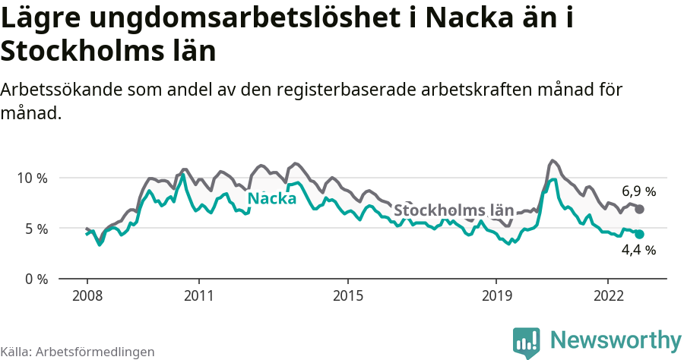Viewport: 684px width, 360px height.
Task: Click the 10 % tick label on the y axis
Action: [x=32, y=178]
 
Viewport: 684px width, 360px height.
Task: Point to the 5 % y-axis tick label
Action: [x=35, y=229]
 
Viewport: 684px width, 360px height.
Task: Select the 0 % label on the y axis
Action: [x=35, y=279]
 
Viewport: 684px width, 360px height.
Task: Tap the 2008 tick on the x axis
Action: [x=87, y=295]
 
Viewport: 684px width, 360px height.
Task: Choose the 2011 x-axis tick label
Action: [x=198, y=295]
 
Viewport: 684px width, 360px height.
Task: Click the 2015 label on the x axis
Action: [x=347, y=295]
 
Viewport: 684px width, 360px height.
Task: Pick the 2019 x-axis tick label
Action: [x=496, y=295]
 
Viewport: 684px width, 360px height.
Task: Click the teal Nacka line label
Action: [x=272, y=199]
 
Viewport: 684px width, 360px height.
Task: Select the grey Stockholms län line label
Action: [x=454, y=210]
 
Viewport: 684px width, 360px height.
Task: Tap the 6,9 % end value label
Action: [x=638, y=191]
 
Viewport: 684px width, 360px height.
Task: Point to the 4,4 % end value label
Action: [x=638, y=250]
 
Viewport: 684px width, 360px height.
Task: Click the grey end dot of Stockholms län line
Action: [x=639, y=209]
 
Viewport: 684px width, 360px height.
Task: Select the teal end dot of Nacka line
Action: [x=639, y=235]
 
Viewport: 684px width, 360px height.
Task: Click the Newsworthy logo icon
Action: [x=527, y=342]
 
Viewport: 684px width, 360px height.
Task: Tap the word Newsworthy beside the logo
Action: [x=616, y=339]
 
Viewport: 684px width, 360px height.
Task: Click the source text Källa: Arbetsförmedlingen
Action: [x=78, y=352]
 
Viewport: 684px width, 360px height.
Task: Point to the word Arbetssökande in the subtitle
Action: [x=62, y=90]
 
